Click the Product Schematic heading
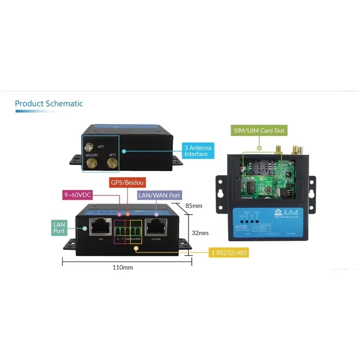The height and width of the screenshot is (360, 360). point(49,103)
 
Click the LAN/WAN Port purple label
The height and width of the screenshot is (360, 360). point(159,195)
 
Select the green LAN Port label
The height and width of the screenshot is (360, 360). point(59,228)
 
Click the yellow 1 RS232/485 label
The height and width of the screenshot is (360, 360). point(229,253)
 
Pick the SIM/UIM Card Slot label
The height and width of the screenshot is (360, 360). point(259,130)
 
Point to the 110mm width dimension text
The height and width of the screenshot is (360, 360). point(122,267)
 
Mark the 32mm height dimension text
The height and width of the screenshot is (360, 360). point(200,233)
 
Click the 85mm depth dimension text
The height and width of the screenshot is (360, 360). point(194,206)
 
